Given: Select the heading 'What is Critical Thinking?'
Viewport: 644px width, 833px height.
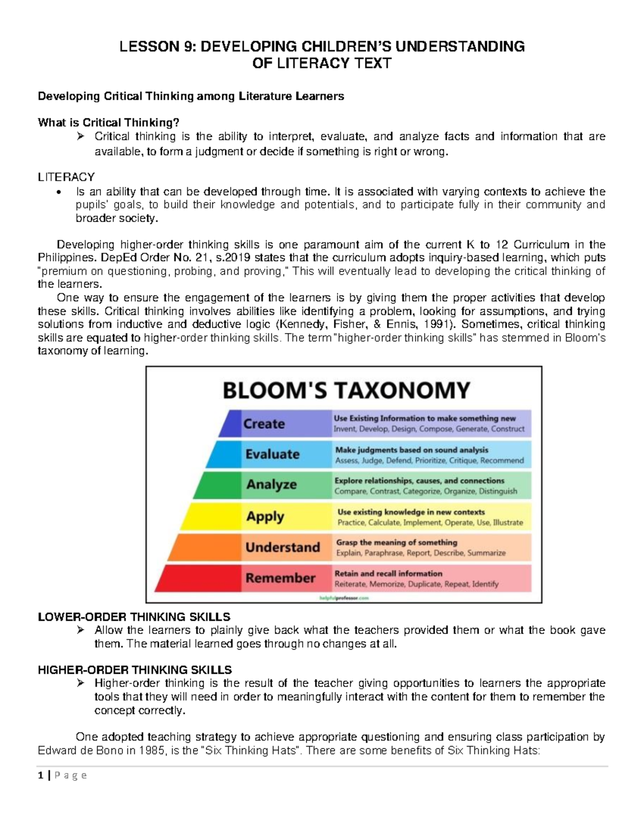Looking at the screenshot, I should point(108,123).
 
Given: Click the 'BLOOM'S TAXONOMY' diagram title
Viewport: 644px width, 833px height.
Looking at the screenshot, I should point(346,390).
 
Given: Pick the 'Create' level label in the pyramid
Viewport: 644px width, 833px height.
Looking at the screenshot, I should point(264,424).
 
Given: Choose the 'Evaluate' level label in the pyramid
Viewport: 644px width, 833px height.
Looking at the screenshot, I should point(272,454).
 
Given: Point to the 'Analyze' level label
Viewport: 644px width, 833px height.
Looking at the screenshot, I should point(271,485).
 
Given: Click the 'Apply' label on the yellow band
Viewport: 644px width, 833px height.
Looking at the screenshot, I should point(265,517).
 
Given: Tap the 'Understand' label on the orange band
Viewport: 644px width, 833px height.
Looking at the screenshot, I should point(282,547).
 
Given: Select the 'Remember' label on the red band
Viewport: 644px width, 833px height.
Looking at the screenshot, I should point(280,578).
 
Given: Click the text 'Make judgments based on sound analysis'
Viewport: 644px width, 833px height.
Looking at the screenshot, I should point(412,450).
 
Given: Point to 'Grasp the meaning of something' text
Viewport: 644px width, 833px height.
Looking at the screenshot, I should point(397,542).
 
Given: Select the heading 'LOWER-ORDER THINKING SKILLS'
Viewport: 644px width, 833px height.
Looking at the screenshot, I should point(134,617).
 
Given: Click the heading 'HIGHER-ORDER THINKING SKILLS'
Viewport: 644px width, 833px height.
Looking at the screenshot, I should point(135,670).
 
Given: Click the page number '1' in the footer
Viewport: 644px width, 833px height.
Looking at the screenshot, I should point(40,776).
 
